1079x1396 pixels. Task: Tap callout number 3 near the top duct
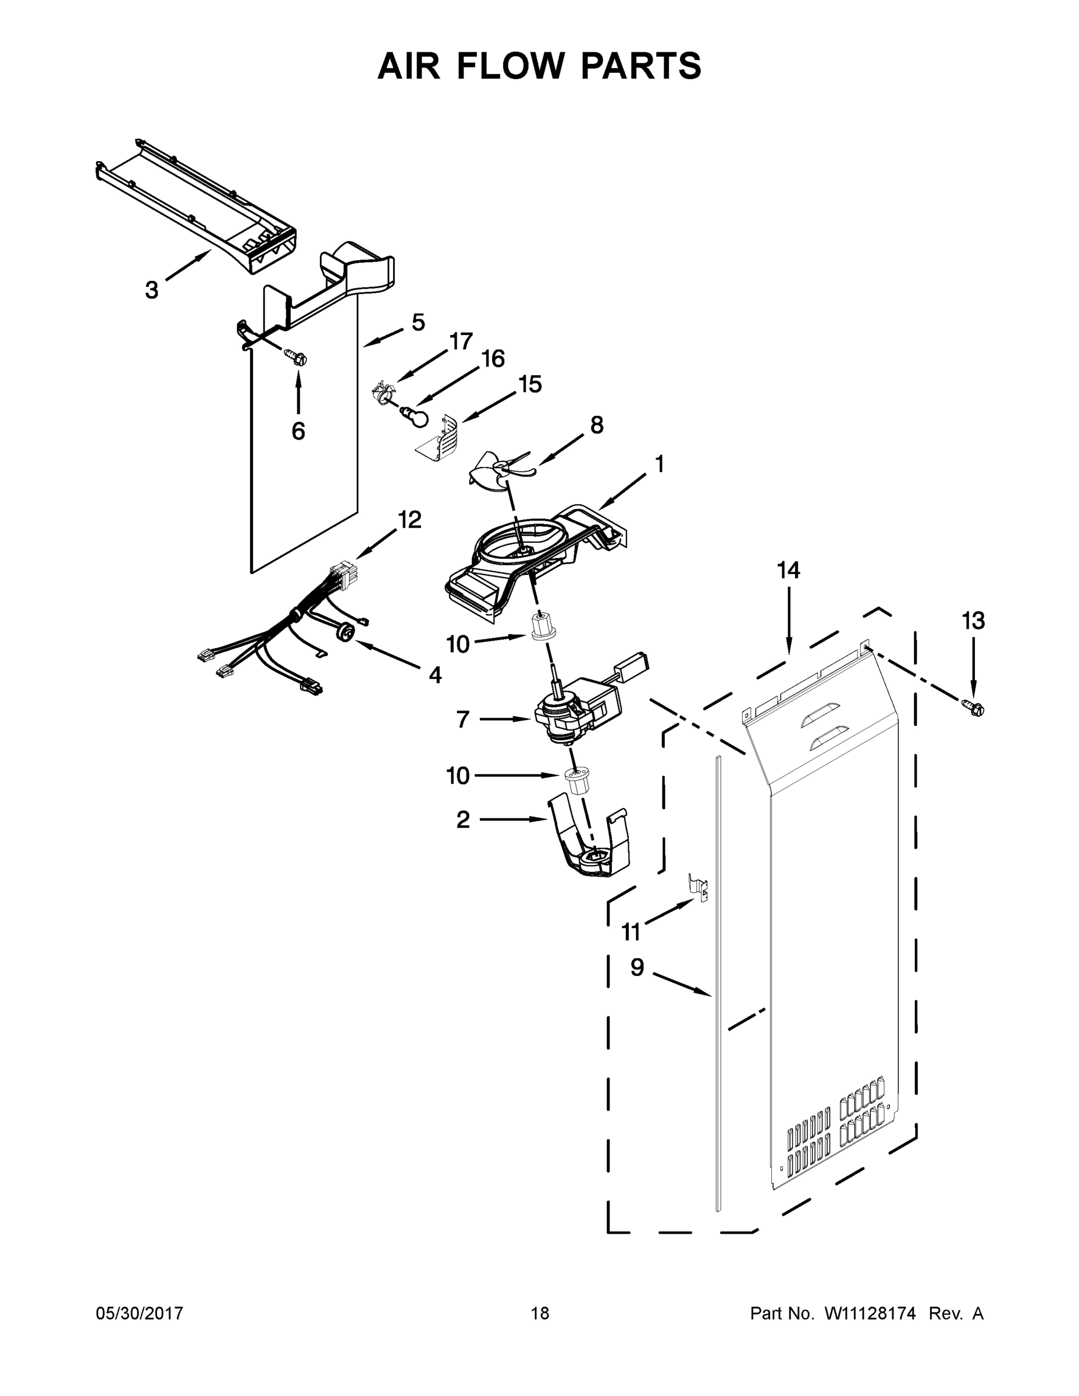151,290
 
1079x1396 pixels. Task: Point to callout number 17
461,341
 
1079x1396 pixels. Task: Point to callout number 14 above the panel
788,569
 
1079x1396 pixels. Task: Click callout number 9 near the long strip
638,967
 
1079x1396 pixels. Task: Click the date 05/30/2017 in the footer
140,1313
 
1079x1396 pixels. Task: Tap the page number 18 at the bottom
540,1313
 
